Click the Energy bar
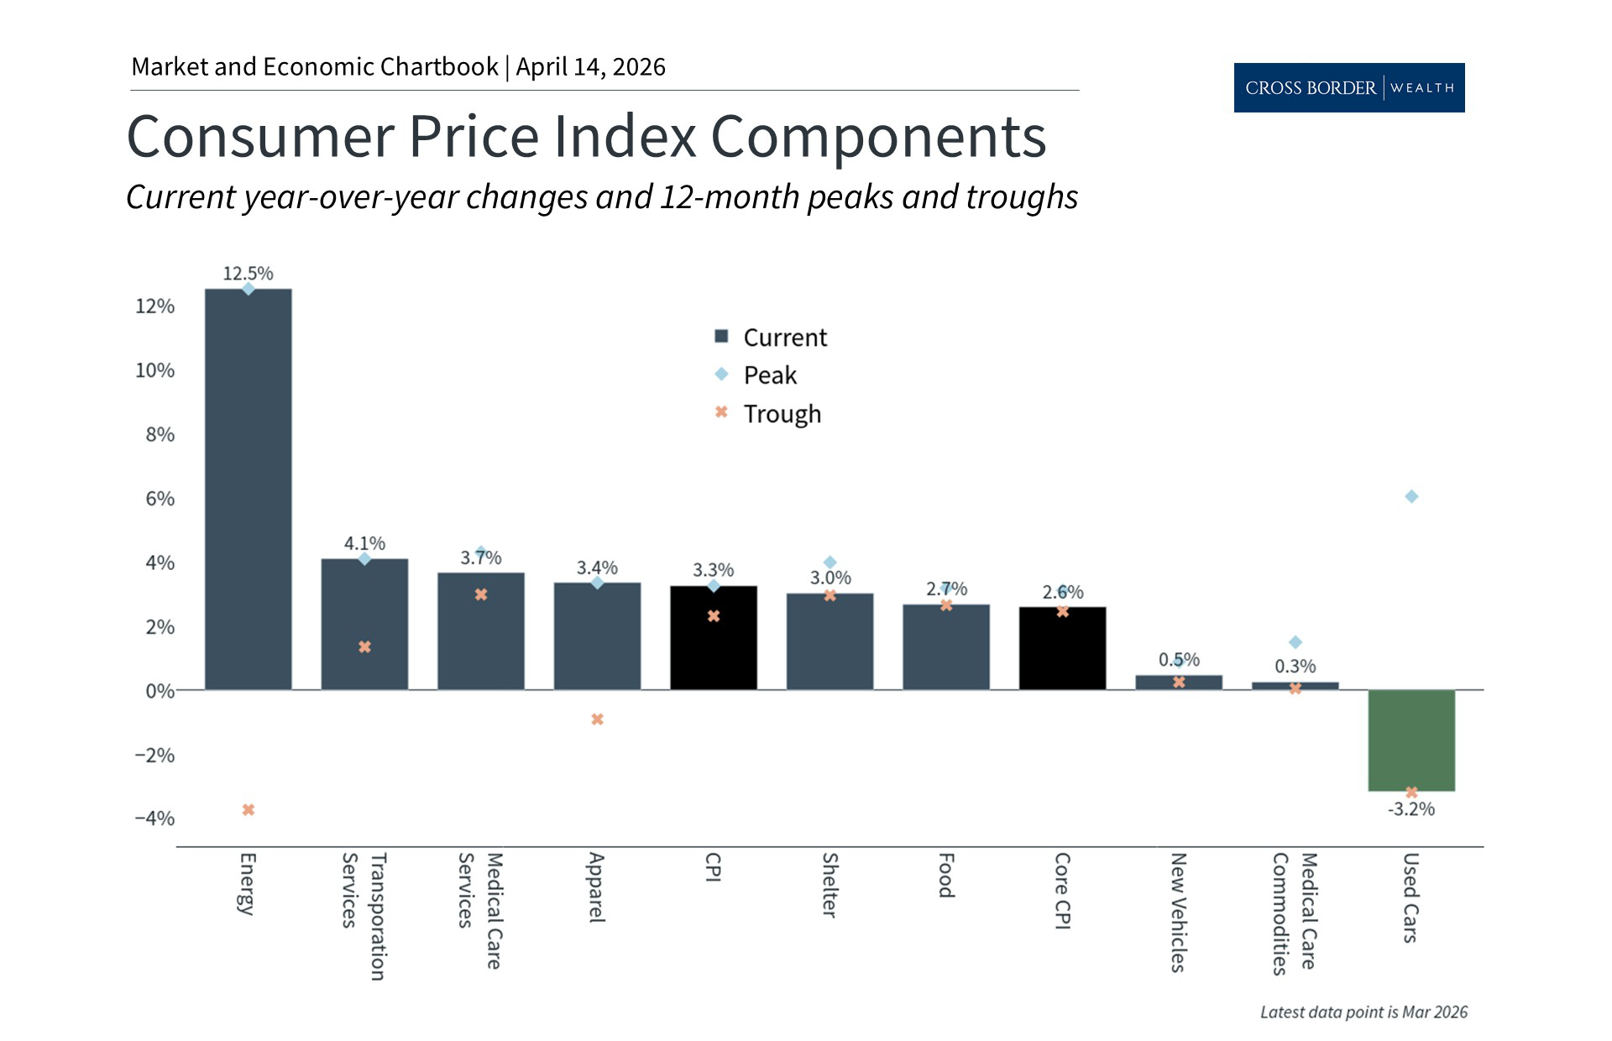pos(249,489)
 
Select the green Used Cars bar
pos(1410,740)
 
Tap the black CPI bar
pos(713,638)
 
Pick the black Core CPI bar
pos(1062,648)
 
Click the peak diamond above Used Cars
pos(1411,497)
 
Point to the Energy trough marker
pos(249,810)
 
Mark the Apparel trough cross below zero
pos(597,719)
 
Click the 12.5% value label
pos(248,274)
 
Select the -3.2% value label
pos(1410,809)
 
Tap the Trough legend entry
pos(781,414)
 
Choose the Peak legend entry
pos(769,375)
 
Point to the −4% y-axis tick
pos(154,819)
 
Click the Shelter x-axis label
pos(830,885)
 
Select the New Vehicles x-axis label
pos(1178,912)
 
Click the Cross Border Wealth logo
pos(1348,87)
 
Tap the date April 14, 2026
pos(590,67)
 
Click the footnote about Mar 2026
pos(1363,1012)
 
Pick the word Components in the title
pos(878,137)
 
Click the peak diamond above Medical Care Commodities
pos(1295,642)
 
